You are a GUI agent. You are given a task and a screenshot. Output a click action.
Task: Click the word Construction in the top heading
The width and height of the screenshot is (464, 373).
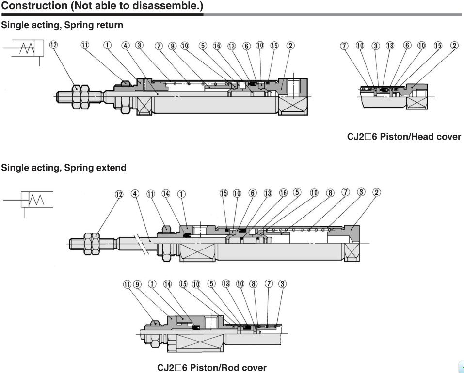tap(34, 6)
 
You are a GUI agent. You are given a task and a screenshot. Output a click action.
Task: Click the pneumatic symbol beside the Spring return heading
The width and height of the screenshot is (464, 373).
tap(24, 49)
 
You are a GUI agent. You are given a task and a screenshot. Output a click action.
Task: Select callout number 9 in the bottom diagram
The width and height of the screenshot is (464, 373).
tap(138, 284)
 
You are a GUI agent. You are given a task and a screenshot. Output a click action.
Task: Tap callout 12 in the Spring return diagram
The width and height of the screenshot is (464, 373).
tap(53, 46)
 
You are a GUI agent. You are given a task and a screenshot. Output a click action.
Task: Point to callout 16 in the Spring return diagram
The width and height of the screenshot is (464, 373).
tap(217, 46)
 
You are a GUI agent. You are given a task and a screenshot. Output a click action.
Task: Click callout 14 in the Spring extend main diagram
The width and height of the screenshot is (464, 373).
tap(166, 193)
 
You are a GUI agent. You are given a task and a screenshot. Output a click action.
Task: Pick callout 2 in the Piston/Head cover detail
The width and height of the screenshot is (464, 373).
tap(454, 46)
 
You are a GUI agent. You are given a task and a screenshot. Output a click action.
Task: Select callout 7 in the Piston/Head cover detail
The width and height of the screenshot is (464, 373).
tap(344, 46)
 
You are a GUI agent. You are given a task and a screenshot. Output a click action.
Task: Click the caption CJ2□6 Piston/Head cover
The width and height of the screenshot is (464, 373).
tap(404, 137)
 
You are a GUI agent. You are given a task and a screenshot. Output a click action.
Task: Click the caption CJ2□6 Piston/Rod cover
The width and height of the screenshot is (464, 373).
tap(212, 368)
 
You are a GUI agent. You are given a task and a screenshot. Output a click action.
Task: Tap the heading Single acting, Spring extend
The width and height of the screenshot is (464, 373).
tap(64, 168)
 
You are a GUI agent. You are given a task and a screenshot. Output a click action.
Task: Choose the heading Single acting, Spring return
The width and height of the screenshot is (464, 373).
tap(62, 25)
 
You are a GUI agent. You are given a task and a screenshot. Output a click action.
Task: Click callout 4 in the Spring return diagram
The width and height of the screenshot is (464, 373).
tap(125, 46)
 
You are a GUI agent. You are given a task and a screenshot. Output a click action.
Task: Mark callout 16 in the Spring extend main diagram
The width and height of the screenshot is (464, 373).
tap(283, 193)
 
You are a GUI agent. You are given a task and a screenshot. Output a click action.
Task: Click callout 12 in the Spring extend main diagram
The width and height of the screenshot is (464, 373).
tap(119, 194)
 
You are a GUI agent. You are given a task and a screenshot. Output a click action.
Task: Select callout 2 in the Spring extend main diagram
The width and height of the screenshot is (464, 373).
tap(376, 193)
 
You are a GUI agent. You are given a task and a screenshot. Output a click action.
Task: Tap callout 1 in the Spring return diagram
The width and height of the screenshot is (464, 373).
tap(108, 46)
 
